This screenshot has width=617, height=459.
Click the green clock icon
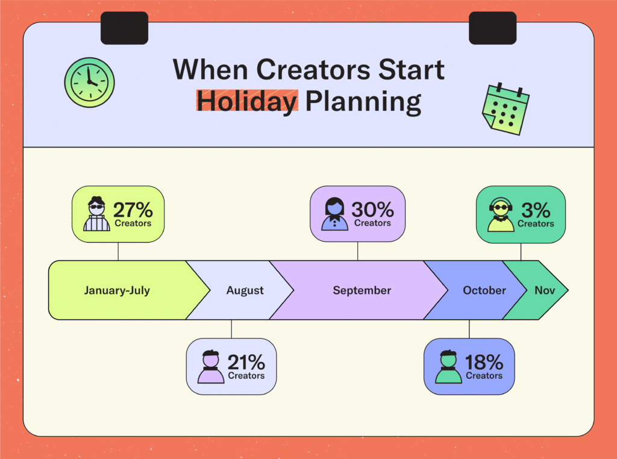tap(90, 83)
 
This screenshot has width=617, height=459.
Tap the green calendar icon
tap(506, 109)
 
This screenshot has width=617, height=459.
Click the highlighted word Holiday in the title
tap(247, 101)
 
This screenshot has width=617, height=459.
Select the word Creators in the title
tap(313, 70)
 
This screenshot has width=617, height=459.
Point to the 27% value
tap(133, 210)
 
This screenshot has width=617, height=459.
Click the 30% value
tap(372, 209)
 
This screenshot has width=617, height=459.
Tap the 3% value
tap(536, 210)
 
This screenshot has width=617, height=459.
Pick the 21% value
tap(246, 362)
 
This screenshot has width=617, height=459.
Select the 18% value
tap(484, 362)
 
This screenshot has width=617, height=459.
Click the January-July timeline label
tap(117, 290)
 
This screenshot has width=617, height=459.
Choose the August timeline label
tap(245, 291)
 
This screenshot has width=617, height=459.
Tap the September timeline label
tap(362, 291)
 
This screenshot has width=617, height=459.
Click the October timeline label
tap(484, 290)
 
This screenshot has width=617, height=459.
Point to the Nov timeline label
tap(545, 290)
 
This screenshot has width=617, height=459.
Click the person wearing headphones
tap(501, 215)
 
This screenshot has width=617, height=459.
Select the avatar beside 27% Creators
tap(97, 214)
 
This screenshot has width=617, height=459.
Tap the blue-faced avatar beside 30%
tap(334, 214)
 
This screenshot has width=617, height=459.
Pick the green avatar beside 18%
tap(448, 367)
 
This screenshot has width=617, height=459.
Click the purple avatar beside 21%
tap(211, 367)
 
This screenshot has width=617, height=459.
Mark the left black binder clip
tap(124, 28)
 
